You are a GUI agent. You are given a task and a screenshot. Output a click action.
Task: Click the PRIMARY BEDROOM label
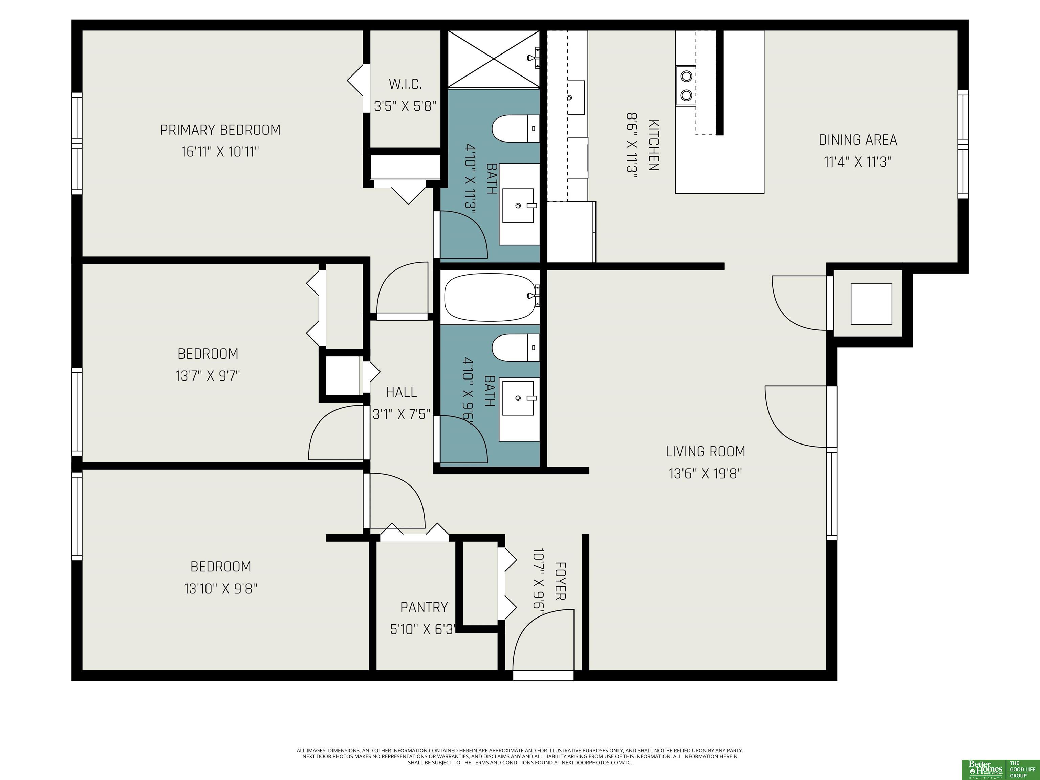point(220,130)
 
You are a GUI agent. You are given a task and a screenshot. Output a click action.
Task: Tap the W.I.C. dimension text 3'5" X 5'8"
point(405,106)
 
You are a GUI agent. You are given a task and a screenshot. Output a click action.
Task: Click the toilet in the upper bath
point(515,128)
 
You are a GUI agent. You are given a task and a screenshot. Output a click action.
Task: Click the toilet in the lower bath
point(515,348)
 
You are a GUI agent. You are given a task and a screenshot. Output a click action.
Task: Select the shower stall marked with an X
point(494,59)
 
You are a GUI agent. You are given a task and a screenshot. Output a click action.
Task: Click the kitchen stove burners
point(686,85)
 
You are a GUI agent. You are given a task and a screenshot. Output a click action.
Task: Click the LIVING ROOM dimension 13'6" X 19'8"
point(705,473)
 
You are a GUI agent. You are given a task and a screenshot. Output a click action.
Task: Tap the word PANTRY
point(424,607)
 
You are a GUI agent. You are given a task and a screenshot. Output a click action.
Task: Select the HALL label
point(402,392)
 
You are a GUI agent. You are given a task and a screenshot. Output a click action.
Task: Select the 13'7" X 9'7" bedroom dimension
point(208,376)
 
